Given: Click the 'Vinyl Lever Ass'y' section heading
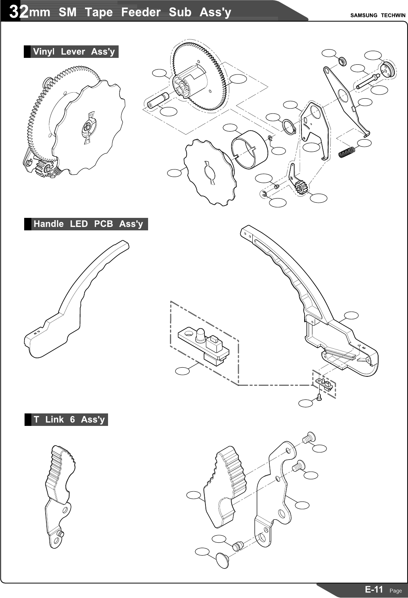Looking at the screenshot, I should [74, 51].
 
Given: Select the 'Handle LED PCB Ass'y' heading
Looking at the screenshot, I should [88, 224].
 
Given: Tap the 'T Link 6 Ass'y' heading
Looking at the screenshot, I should [69, 419].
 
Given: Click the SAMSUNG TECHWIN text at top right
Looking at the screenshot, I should [377, 16].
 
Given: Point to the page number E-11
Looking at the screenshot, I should [374, 589].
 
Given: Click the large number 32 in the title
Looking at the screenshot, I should [19, 12].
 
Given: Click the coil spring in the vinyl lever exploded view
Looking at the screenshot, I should [347, 152].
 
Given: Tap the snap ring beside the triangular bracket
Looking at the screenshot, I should [289, 126].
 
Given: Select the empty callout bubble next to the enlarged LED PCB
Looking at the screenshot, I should [182, 371].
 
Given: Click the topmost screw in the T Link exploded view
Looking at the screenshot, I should [308, 438].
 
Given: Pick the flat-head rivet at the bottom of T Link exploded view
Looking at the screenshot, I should [222, 559].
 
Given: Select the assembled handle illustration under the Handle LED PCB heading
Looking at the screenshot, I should [76, 299].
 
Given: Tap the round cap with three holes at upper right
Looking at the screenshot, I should [388, 69].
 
